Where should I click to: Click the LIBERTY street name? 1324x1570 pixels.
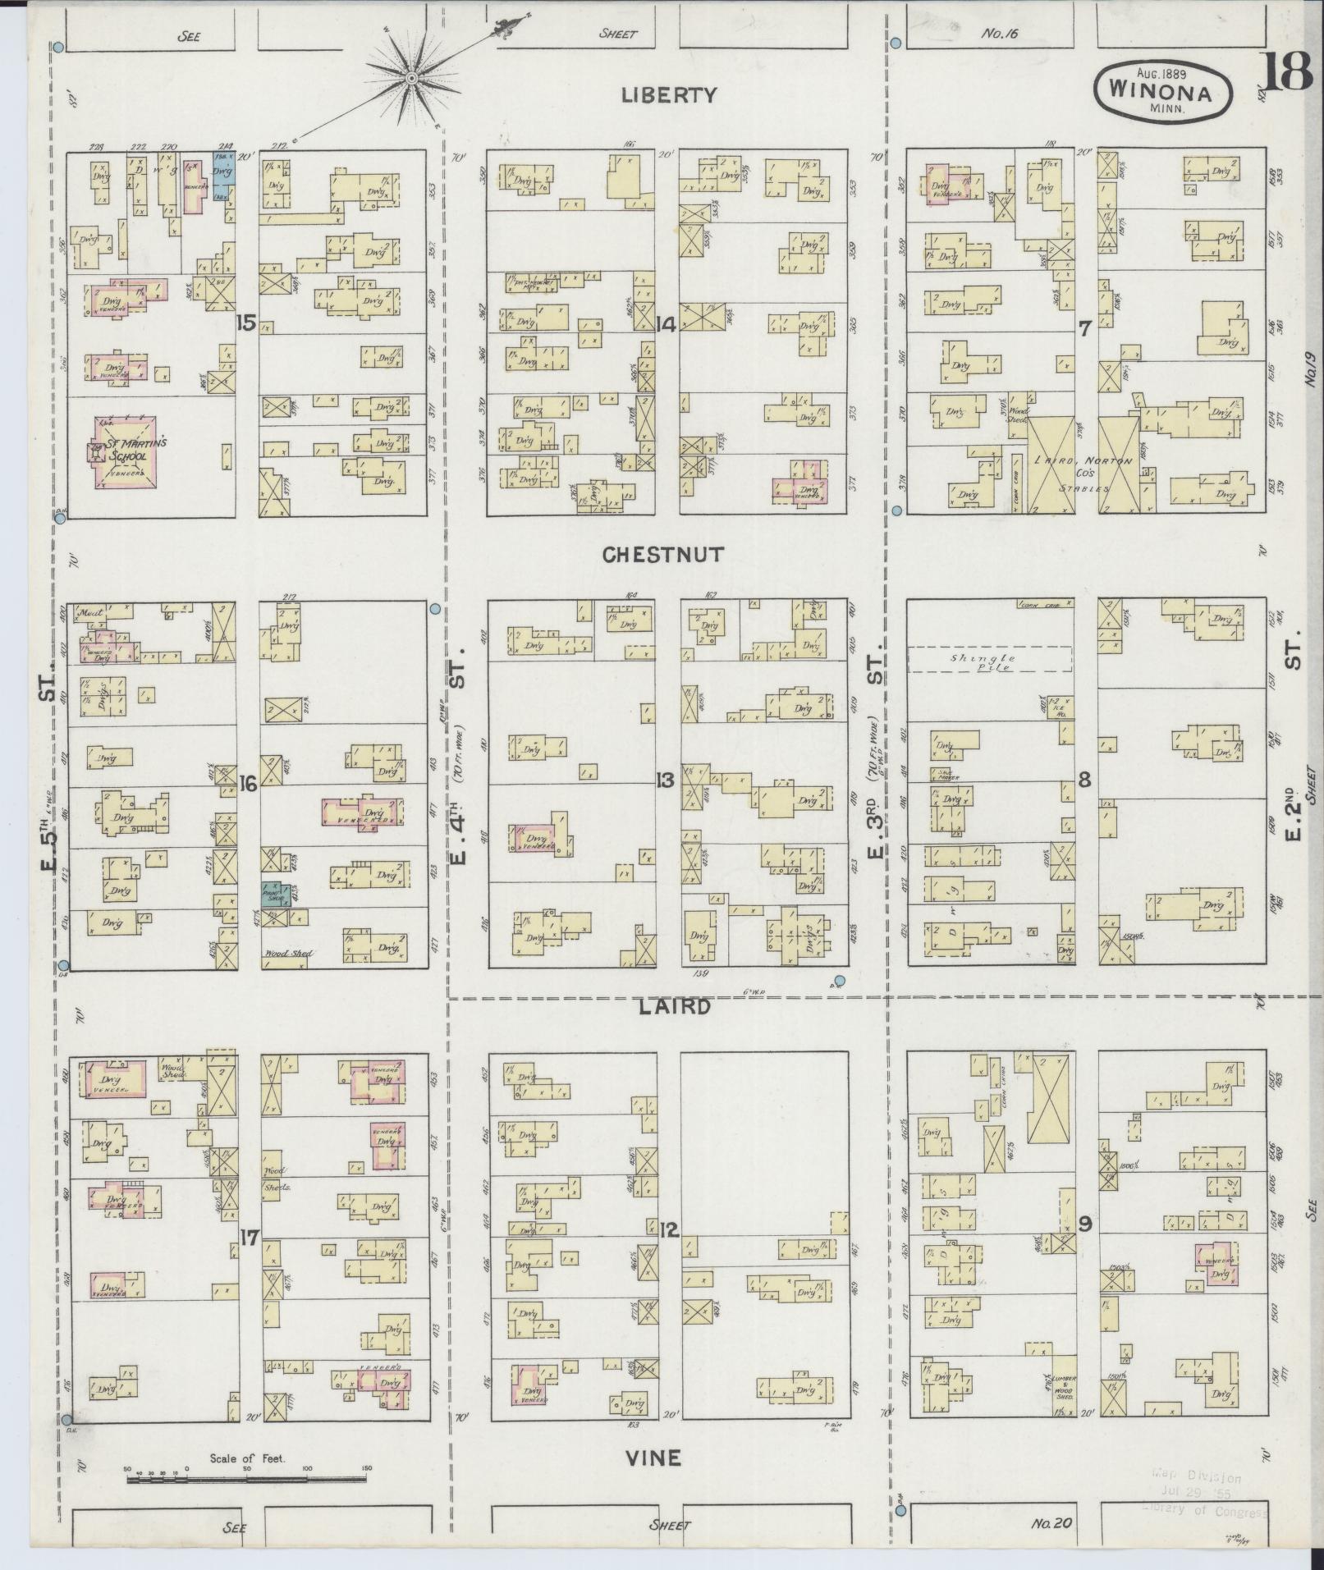tap(668, 95)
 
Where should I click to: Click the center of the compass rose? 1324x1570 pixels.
tap(411, 79)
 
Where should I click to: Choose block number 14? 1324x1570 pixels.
tap(666, 325)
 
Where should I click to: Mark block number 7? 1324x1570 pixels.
tap(1084, 329)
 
